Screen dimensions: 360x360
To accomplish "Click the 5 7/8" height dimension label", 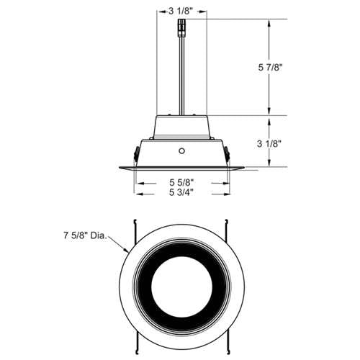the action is (x=269, y=68).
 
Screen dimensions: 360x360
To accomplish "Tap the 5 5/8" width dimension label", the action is (x=181, y=183).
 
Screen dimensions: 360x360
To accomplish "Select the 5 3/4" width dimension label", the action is (x=181, y=192).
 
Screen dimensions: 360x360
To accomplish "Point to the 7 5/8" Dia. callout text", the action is (x=85, y=235).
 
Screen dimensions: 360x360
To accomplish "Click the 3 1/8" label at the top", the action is (x=181, y=12).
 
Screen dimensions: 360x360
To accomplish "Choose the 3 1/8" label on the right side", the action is (x=269, y=144).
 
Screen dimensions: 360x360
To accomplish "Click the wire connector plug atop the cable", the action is (x=181, y=28).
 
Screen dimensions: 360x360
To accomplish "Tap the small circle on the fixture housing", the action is (x=181, y=151).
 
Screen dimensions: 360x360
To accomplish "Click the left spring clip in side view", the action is (x=136, y=154).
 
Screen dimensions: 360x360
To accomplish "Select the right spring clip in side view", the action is (x=227, y=154).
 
